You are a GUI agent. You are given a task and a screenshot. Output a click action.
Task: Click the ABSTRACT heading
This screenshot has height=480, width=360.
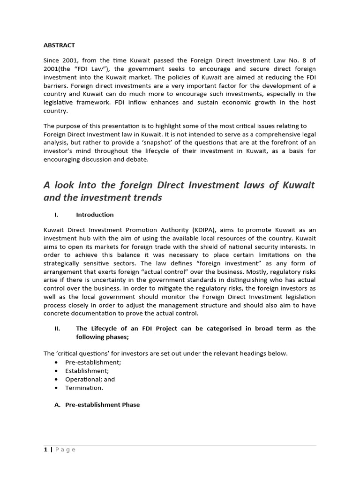pyautogui.click(x=59, y=45)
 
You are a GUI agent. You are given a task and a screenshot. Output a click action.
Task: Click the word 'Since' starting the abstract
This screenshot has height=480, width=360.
pyautogui.click(x=52, y=60)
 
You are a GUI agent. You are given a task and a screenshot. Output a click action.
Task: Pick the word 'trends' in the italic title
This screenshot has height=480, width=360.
pyautogui.click(x=145, y=197)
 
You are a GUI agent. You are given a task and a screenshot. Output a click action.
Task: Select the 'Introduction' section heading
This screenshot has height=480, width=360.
pyautogui.click(x=95, y=214)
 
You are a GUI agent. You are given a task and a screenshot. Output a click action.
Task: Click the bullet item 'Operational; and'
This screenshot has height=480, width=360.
pyautogui.click(x=90, y=379)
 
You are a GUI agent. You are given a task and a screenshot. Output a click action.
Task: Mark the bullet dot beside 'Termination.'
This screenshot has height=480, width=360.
pyautogui.click(x=57, y=388)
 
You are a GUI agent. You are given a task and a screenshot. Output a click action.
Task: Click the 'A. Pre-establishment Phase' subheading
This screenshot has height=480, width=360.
pyautogui.click(x=97, y=405)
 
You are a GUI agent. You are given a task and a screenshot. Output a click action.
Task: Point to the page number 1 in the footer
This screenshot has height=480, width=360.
pyautogui.click(x=45, y=450)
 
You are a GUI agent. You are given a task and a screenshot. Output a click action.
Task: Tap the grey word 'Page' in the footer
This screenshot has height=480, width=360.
pyautogui.click(x=65, y=450)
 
